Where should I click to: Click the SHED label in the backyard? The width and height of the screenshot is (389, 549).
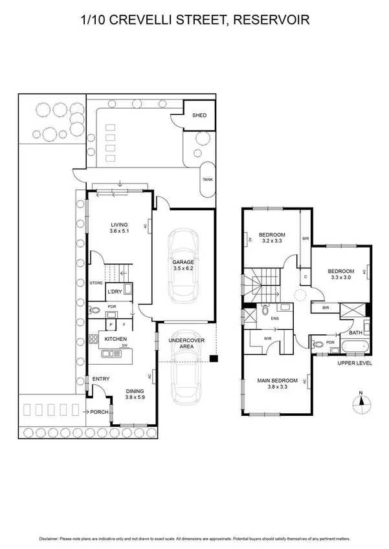point(199,115)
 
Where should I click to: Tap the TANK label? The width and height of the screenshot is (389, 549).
point(208,180)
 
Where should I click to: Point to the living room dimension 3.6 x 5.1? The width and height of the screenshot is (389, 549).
point(120,231)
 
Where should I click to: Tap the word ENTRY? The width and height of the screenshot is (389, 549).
point(100,379)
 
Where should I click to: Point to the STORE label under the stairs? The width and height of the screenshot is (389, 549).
point(96,283)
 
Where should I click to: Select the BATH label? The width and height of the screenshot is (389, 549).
point(355,332)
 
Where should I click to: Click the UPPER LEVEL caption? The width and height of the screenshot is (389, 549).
point(355,363)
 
